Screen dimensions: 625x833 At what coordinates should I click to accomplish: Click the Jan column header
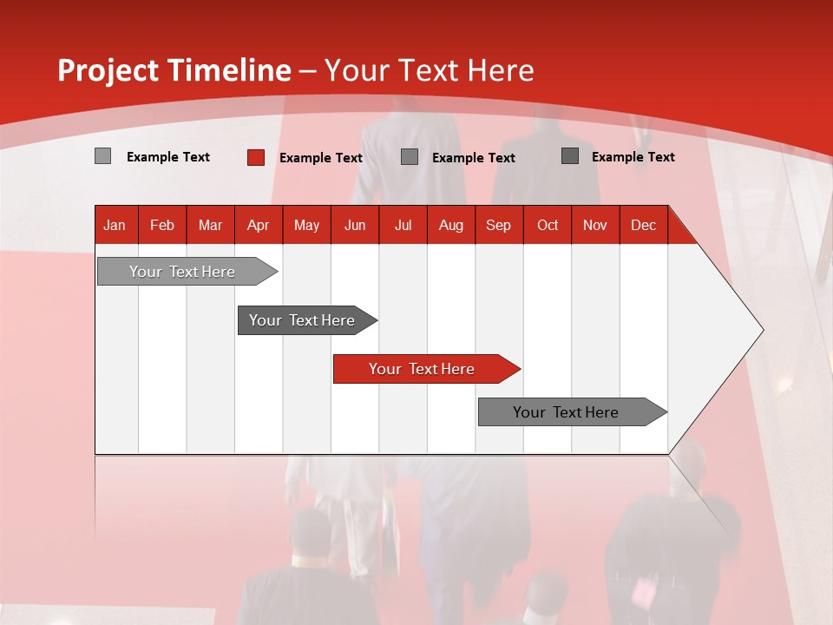click(115, 225)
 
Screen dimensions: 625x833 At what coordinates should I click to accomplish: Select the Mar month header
click(210, 225)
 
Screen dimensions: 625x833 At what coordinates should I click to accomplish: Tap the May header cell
click(306, 225)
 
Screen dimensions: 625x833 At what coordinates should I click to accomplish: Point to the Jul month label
click(403, 225)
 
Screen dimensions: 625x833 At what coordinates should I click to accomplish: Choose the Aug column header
click(450, 225)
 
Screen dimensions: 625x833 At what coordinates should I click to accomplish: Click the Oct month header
click(547, 225)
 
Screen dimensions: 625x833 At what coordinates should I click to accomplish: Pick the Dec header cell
click(643, 225)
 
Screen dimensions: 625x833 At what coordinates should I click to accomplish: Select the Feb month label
click(162, 225)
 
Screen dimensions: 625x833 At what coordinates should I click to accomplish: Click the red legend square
click(256, 157)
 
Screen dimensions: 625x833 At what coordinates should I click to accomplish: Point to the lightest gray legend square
click(102, 156)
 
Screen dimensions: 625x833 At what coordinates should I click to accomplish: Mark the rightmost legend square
click(570, 156)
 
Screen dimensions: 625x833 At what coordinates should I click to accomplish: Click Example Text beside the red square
click(320, 158)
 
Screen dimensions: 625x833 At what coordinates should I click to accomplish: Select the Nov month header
click(594, 225)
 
